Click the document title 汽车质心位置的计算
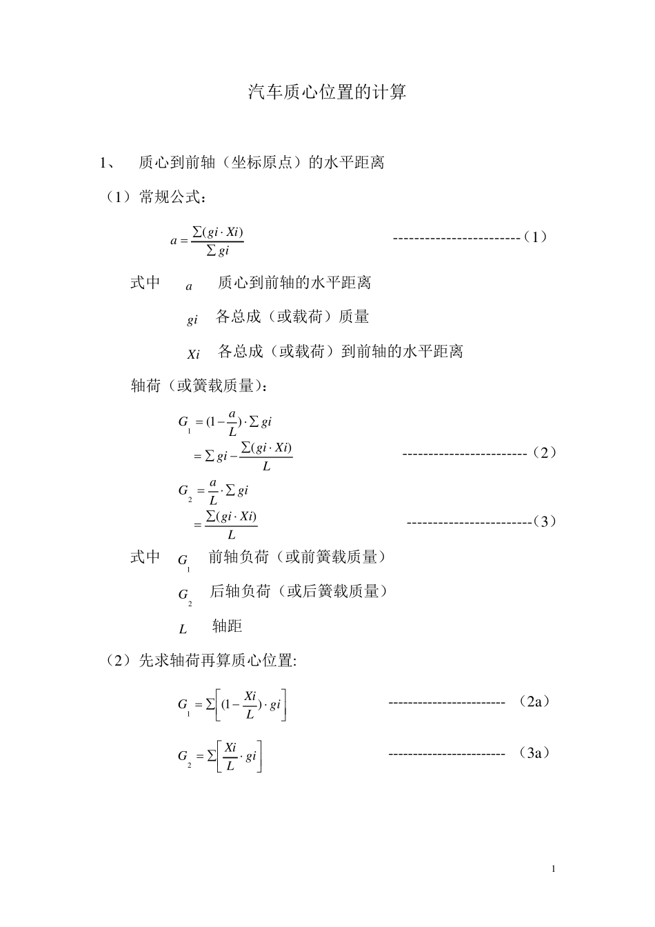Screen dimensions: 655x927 pyautogui.click(x=327, y=92)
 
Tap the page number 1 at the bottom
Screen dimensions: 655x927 pyautogui.click(x=553, y=868)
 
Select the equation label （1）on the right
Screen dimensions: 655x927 pyautogui.click(x=535, y=237)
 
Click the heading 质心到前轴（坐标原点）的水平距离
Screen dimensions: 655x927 pyautogui.click(x=262, y=163)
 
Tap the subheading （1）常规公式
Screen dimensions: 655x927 pyautogui.click(x=154, y=198)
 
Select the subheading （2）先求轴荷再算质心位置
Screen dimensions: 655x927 pyautogui.click(x=200, y=661)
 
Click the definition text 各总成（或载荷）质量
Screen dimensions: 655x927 pyautogui.click(x=292, y=317)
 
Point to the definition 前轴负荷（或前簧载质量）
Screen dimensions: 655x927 pyautogui.click(x=297, y=557)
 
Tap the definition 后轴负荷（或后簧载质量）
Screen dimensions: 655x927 pyautogui.click(x=299, y=591)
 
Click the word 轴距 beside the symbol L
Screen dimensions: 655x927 pyautogui.click(x=227, y=626)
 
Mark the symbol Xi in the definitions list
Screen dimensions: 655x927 pyautogui.click(x=193, y=355)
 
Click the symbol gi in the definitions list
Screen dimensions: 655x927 pyautogui.click(x=192, y=320)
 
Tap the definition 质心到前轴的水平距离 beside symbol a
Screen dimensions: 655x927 pyautogui.click(x=294, y=283)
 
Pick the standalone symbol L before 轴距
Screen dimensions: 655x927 pyautogui.click(x=183, y=629)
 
